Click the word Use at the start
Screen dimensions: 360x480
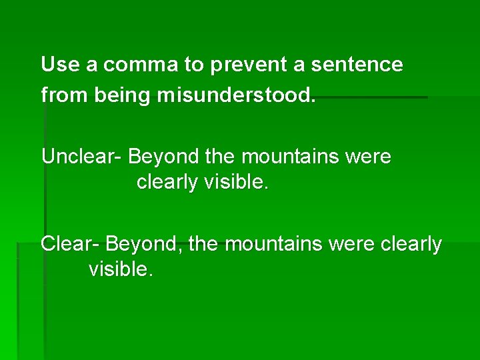coord(56,65)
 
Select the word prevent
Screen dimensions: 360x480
coord(249,65)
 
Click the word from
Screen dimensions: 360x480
coord(65,95)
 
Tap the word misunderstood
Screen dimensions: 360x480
coord(236,95)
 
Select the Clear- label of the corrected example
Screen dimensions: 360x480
coord(70,245)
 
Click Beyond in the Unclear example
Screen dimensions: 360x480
coord(164,157)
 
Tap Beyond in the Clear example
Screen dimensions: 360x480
coord(143,245)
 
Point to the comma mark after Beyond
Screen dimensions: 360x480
coord(182,251)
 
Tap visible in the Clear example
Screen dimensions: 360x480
coord(121,269)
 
